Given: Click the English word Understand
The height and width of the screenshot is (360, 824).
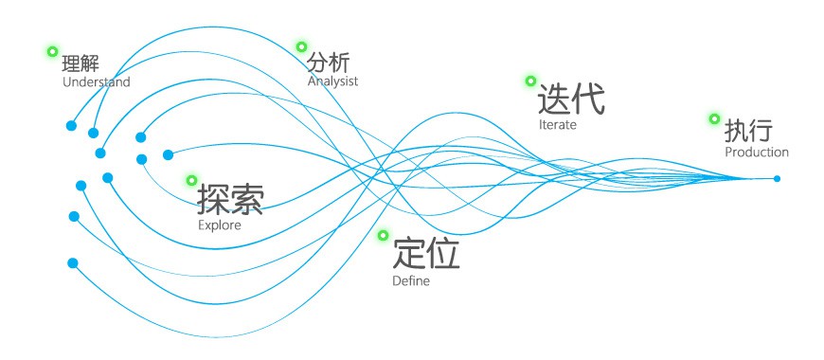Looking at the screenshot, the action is [x=97, y=82].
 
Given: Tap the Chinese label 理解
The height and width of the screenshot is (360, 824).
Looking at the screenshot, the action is [x=81, y=63].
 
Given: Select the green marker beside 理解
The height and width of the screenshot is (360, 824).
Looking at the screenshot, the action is [x=52, y=51].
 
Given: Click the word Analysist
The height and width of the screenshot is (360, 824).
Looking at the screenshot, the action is [x=332, y=81].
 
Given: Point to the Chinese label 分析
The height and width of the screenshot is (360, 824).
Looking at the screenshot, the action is [x=328, y=63].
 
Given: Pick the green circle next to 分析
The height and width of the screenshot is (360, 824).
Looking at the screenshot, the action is [x=301, y=46].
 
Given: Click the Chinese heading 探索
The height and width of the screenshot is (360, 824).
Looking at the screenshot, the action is [x=230, y=200].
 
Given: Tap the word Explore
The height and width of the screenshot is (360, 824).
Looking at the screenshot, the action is [x=220, y=225].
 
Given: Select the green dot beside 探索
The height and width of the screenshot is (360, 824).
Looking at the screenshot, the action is [x=192, y=180].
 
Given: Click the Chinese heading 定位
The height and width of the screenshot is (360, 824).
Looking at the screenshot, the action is [x=426, y=254].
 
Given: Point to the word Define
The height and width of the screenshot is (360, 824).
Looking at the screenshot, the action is [x=411, y=280].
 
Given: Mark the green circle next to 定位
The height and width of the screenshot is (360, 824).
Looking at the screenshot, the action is [x=383, y=235].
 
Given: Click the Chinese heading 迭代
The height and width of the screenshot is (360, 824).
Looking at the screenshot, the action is [x=571, y=99].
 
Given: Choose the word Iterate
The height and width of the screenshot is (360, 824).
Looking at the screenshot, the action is [x=558, y=124].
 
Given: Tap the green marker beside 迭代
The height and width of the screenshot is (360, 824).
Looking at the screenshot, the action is [x=530, y=81].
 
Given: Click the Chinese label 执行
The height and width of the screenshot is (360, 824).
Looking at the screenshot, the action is [x=749, y=131].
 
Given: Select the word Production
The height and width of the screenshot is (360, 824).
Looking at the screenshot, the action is [x=757, y=152].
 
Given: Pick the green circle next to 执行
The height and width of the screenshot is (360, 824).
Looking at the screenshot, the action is [x=714, y=118].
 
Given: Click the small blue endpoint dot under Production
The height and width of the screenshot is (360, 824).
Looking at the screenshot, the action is [x=777, y=179].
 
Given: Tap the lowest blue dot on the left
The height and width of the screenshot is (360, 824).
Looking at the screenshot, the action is [x=73, y=262].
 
